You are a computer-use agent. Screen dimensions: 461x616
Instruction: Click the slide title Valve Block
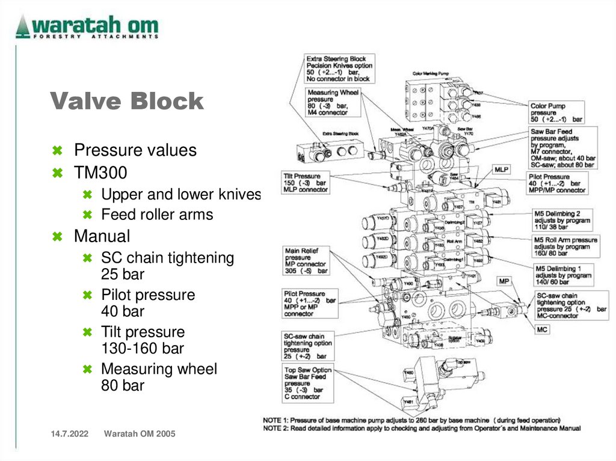(x=127, y=102)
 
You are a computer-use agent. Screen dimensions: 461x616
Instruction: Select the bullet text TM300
(x=100, y=173)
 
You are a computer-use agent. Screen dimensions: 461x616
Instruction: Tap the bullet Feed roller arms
(x=157, y=215)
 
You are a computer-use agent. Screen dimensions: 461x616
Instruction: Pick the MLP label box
(x=502, y=170)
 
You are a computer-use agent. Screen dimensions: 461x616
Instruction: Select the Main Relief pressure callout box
(x=307, y=261)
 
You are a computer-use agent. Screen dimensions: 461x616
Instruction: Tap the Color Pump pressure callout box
(x=558, y=112)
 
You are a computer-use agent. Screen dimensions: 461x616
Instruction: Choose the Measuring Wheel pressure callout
(x=333, y=102)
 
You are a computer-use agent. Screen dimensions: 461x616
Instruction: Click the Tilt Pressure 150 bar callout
(x=306, y=183)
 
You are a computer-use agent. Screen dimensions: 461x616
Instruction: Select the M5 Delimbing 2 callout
(x=562, y=220)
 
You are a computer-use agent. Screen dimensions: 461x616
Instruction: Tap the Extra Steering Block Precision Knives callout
(x=339, y=69)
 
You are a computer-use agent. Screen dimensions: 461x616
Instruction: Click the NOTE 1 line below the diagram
(x=412, y=420)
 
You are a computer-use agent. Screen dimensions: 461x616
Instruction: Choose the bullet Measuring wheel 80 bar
(x=159, y=377)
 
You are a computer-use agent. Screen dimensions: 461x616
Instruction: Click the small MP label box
(x=505, y=281)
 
